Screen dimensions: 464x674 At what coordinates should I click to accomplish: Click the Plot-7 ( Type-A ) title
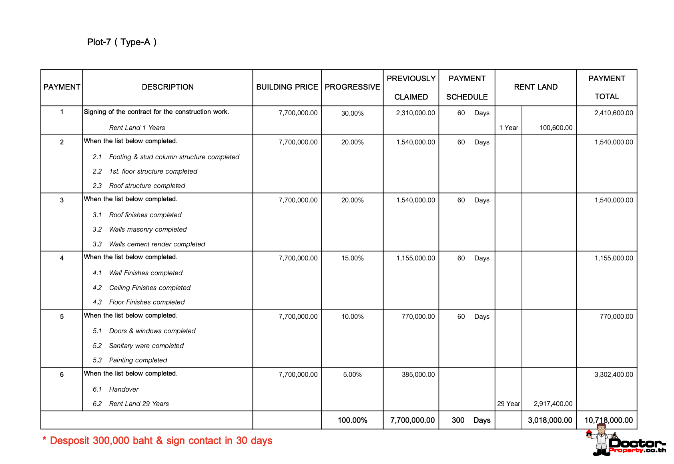click(122, 42)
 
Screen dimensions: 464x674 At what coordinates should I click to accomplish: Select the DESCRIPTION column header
click(168, 87)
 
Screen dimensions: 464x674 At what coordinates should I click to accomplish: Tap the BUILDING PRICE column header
click(287, 87)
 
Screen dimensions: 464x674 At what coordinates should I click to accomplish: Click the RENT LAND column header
click(536, 87)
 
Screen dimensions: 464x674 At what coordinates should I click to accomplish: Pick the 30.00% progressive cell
click(352, 113)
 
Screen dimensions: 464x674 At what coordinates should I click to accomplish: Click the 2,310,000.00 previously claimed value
click(415, 113)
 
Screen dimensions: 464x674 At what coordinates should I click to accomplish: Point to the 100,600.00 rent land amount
click(556, 128)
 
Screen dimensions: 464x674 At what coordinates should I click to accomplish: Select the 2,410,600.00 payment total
click(614, 113)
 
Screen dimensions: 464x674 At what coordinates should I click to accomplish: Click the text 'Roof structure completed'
click(147, 186)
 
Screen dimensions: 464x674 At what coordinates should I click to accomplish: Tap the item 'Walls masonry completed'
click(148, 229)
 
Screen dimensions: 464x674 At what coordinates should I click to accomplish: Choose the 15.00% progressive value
click(352, 258)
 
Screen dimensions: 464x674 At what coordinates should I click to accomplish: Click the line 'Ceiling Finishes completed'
click(150, 288)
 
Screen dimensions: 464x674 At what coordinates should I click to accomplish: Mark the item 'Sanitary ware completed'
click(146, 346)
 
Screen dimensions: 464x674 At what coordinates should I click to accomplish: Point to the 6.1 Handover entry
click(124, 389)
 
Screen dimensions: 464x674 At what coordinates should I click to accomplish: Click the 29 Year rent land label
click(508, 404)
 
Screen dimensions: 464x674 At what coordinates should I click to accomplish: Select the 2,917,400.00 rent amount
click(553, 404)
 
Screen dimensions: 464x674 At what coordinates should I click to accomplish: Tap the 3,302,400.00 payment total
click(614, 374)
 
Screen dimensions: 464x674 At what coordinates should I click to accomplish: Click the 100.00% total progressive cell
click(352, 420)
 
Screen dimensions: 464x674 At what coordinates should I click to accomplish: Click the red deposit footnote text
click(157, 440)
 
